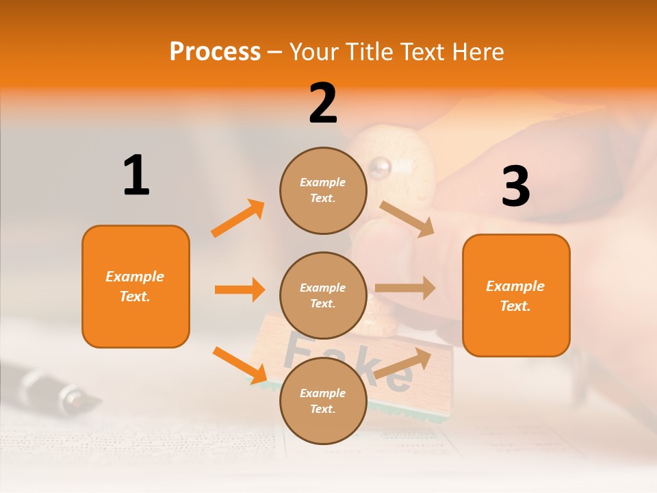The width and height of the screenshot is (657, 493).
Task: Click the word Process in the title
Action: click(x=215, y=51)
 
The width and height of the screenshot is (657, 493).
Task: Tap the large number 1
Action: click(x=136, y=175)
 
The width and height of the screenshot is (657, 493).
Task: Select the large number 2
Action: click(x=323, y=103)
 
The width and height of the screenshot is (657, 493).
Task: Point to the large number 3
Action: click(x=515, y=186)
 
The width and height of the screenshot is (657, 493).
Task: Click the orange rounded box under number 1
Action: click(x=136, y=286)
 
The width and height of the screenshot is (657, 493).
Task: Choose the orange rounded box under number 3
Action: click(x=516, y=295)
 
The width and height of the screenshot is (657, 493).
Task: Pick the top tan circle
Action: click(x=323, y=190)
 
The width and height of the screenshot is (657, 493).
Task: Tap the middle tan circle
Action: click(x=323, y=295)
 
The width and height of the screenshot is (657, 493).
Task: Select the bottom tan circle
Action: click(x=323, y=401)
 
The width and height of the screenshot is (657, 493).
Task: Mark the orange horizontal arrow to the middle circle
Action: click(x=240, y=290)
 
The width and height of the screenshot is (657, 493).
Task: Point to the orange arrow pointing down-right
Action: click(x=240, y=365)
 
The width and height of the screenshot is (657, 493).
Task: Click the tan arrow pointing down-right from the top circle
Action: click(x=407, y=219)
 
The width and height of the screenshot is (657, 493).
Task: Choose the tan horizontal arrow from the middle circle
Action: click(x=405, y=288)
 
